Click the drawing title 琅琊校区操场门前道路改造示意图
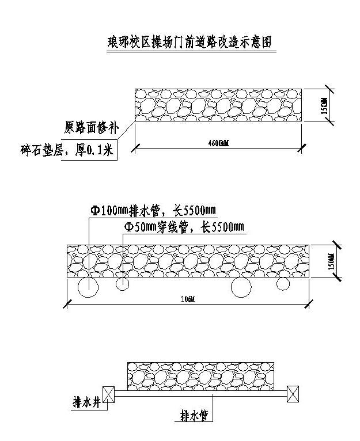tap(190, 42)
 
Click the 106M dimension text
tap(188, 298)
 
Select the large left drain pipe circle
tap(88, 287)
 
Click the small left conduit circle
tap(123, 284)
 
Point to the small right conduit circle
tap(282, 284)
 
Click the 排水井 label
tap(87, 401)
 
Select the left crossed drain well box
tap(109, 394)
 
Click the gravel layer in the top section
tap(219, 105)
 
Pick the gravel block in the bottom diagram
tap(201, 376)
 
